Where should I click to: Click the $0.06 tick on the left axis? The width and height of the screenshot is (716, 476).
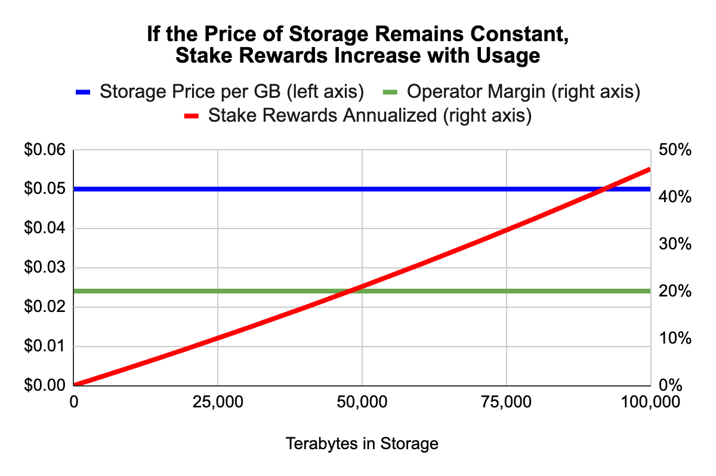[44, 150]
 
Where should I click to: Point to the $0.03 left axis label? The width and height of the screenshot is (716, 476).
[44, 268]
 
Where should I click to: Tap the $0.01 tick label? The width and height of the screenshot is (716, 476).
[44, 347]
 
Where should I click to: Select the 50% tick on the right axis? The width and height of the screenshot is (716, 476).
[675, 150]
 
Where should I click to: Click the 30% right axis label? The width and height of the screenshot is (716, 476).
[675, 244]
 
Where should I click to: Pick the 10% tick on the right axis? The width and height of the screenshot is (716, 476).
[675, 338]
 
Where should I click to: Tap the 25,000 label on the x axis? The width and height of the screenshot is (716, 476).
[218, 403]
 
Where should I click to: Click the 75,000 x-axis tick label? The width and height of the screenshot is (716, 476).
[506, 403]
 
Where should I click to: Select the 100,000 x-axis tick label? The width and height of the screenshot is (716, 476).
[649, 403]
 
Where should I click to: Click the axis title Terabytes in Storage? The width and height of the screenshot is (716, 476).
[362, 444]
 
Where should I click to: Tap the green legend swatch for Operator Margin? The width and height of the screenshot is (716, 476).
[389, 92]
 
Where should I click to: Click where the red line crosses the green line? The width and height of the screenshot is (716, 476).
[349, 291]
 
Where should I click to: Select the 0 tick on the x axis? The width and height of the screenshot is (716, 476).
[74, 403]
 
